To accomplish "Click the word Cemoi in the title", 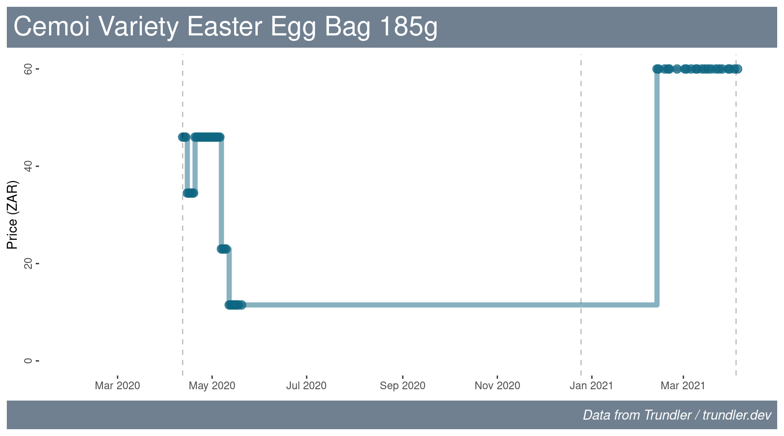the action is tap(52, 26).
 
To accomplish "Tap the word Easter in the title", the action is tap(225, 26).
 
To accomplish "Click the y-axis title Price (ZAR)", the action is tap(12, 215).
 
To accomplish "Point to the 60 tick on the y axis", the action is tap(28, 69).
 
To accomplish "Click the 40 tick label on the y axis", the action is tap(28, 166).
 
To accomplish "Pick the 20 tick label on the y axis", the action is tap(28, 263).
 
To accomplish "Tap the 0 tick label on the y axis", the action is tap(28, 361).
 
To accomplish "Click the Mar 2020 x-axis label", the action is tap(118, 386).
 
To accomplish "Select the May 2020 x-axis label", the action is tap(212, 386).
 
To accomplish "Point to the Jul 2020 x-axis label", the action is tap(306, 386).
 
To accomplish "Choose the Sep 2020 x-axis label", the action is tap(402, 386).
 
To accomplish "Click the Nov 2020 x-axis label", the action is tap(497, 386).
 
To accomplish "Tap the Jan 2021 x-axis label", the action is tap(592, 386).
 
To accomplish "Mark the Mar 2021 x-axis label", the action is tap(683, 386).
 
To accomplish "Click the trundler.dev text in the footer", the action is tap(737, 415).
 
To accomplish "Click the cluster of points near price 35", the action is tap(191, 193).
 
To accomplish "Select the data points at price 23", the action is tap(224, 249).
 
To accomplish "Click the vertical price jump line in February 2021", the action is tap(657, 187).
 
